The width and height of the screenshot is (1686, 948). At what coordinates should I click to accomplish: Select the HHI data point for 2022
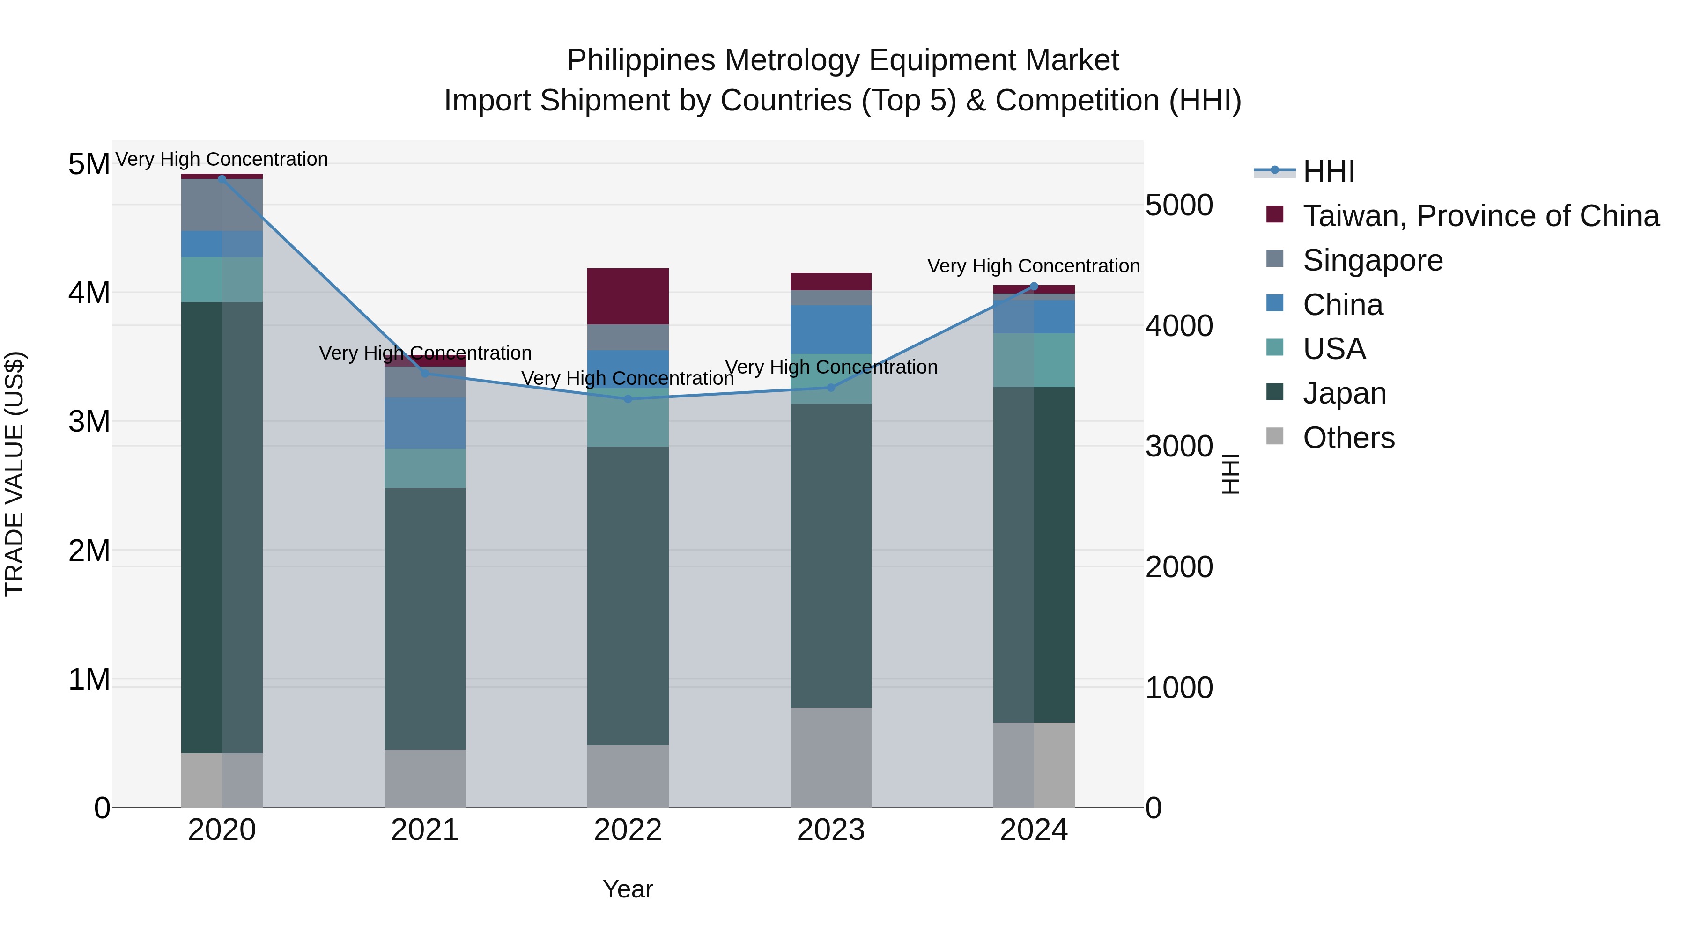(628, 398)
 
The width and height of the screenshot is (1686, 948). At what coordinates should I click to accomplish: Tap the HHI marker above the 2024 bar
(1034, 286)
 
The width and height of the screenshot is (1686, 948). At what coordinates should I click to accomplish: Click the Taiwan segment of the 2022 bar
(628, 296)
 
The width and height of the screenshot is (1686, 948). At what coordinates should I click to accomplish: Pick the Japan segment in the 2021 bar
(424, 618)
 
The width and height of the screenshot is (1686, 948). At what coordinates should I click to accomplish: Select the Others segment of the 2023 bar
(830, 757)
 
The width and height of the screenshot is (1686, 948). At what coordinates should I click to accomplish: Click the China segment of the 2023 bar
(830, 329)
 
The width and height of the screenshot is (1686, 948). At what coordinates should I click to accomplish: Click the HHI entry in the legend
(1328, 171)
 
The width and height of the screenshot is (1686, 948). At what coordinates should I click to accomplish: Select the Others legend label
(1348, 438)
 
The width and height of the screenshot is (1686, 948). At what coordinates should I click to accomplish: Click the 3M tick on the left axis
(89, 421)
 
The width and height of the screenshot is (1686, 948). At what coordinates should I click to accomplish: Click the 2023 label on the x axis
(830, 830)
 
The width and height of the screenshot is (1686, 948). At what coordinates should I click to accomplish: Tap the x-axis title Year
(628, 889)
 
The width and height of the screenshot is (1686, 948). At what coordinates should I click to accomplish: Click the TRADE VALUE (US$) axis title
(15, 474)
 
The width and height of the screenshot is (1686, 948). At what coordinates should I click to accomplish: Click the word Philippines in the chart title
(640, 60)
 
